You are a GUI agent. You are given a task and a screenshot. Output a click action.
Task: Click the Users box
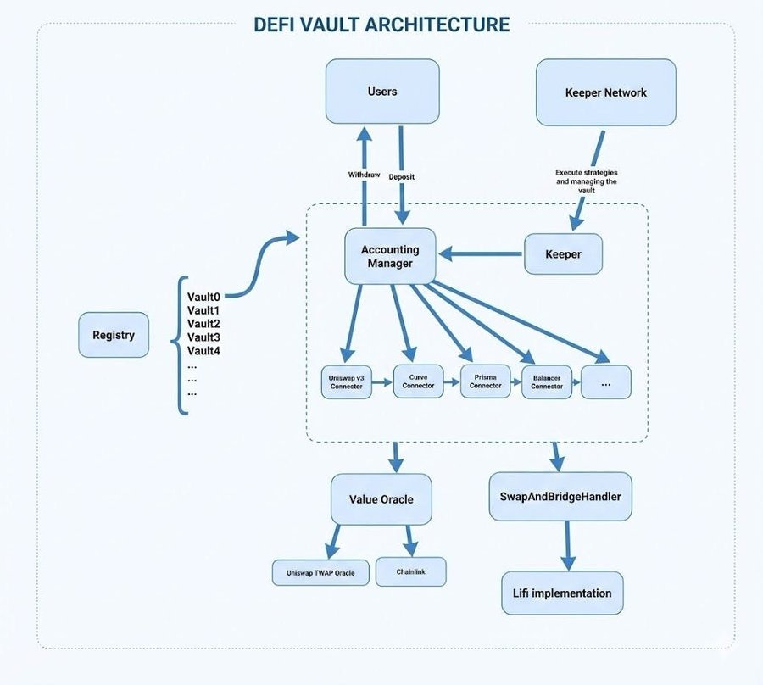pos(382,92)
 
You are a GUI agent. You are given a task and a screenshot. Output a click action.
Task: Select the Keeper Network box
pos(606,92)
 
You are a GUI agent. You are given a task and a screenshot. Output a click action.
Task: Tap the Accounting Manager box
pos(390,256)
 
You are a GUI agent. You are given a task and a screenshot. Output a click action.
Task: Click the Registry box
pos(114,335)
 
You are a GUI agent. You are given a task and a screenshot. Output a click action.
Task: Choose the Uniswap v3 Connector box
pos(346,381)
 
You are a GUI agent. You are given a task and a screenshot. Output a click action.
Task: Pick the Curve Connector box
pos(418,381)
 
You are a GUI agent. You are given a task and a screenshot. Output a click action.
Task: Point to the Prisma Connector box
pos(485,381)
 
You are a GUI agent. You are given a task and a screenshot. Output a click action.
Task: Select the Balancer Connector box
pos(547,381)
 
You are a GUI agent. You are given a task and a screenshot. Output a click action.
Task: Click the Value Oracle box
pos(381,499)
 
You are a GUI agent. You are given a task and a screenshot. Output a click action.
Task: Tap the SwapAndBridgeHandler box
pos(560,496)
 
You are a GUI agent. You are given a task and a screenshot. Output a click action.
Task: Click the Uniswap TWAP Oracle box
pos(320,572)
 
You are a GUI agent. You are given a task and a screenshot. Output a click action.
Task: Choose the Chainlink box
pos(410,571)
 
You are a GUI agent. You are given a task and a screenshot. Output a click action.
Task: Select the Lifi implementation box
pos(562,593)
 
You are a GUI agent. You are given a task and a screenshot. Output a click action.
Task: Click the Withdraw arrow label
pos(364,175)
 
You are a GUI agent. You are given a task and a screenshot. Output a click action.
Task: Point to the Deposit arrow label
pos(402,177)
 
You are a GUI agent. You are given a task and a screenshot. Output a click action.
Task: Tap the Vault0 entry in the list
pos(203,297)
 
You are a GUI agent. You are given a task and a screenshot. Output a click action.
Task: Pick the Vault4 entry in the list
pos(203,351)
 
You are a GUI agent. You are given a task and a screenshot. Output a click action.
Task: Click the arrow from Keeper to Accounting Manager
pos(480,254)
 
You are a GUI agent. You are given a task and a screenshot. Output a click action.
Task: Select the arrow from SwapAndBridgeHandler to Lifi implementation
pos(568,545)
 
